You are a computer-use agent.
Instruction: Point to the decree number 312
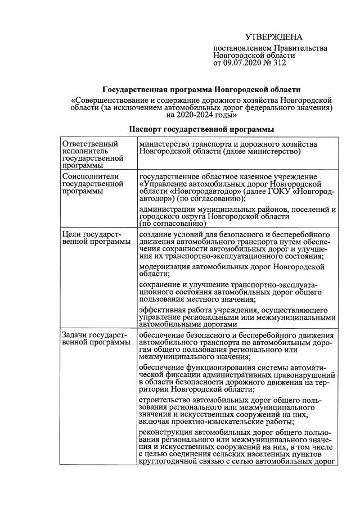coord(280,63)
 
